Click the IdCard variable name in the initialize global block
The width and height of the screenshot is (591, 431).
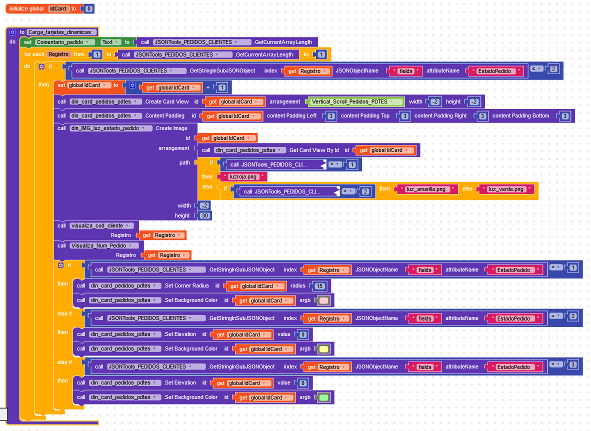59,9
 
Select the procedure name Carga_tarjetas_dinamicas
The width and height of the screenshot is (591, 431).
62,32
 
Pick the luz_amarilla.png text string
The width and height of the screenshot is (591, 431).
426,189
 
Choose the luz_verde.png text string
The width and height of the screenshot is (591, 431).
506,189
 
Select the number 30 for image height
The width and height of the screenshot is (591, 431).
204,215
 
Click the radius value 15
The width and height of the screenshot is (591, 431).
319,286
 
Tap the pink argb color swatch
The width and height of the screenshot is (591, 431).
323,300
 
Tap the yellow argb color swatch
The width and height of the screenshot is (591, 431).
323,349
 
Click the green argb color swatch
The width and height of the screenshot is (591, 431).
323,397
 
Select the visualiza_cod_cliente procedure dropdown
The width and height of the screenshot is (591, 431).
102,225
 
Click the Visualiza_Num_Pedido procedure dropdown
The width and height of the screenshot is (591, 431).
104,245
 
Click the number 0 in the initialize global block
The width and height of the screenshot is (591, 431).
89,9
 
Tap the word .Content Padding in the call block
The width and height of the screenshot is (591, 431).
164,116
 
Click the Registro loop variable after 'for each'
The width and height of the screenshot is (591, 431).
58,54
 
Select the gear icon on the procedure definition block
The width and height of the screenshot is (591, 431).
13,32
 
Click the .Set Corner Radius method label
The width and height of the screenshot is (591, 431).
186,286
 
